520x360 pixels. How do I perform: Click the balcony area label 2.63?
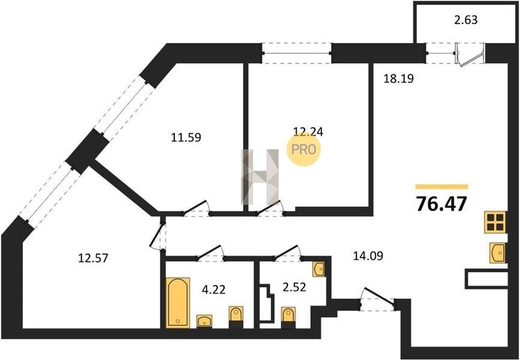(x=465, y=20)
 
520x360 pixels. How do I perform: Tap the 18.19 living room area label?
(x=398, y=79)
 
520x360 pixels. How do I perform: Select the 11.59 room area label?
(x=186, y=137)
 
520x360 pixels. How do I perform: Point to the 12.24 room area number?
(x=309, y=132)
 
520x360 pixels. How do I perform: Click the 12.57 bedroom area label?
(x=93, y=257)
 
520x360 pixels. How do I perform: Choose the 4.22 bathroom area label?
(x=214, y=290)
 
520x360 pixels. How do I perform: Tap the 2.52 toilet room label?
(x=294, y=287)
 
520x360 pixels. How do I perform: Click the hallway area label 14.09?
(x=367, y=256)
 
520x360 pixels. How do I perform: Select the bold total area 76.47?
(x=441, y=203)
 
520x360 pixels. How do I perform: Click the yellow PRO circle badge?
(x=303, y=149)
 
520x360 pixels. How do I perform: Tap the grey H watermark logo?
(x=259, y=176)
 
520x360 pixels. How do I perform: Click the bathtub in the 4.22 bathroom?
(x=178, y=302)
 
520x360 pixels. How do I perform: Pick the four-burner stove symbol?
(x=495, y=222)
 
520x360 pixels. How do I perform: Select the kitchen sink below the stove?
(x=498, y=253)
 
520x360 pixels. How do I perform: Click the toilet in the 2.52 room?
(x=288, y=317)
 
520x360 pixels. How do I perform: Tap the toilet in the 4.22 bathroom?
(x=236, y=317)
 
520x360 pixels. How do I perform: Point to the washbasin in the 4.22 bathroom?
(x=205, y=321)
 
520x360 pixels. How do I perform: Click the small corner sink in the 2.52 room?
(x=319, y=269)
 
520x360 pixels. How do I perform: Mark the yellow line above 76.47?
(x=442, y=187)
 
